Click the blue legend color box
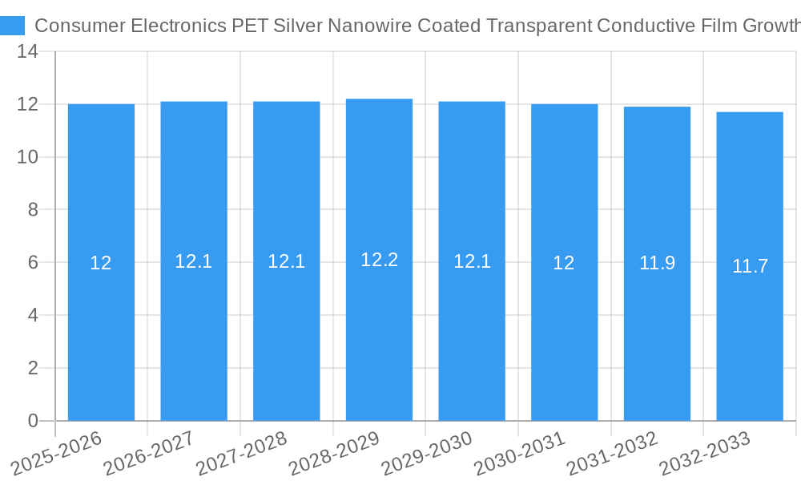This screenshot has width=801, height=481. pos(12,26)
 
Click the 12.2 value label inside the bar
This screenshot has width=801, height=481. pos(379,260)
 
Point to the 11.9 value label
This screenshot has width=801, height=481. pos(657,262)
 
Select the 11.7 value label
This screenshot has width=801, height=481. pos(750,266)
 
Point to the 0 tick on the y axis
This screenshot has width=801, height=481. pos(33,421)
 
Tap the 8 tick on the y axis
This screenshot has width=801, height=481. pos(33,209)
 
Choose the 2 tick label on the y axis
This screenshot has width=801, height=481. pos(33,368)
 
